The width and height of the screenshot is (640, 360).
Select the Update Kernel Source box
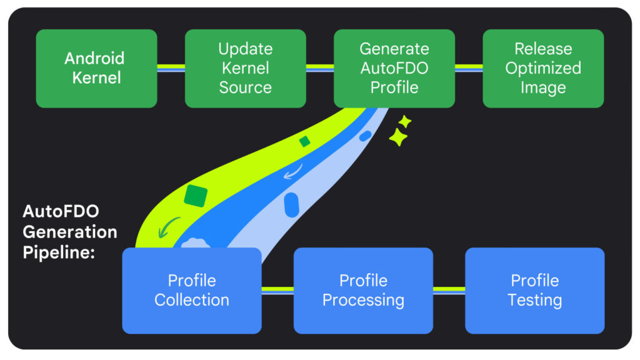[245, 68]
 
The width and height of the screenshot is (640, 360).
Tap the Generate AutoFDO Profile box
[394, 68]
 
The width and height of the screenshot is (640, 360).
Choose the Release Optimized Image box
[542, 68]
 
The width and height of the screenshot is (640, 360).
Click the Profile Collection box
[191, 290]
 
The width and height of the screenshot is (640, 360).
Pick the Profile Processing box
[363, 290]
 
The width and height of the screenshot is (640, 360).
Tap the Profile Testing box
[534, 290]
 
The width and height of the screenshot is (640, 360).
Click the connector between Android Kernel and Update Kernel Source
[171, 68]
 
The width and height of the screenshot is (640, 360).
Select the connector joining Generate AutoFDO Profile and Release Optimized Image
[468, 68]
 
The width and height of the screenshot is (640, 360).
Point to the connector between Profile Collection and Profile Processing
[277, 290]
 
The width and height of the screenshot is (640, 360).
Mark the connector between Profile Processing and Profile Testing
[449, 290]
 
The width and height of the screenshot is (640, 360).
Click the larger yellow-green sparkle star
[398, 137]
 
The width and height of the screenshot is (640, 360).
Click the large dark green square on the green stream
[196, 196]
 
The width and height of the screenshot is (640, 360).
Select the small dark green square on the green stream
[304, 142]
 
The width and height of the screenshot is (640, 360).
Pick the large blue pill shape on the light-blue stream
[291, 204]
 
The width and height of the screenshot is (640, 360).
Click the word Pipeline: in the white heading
[54, 252]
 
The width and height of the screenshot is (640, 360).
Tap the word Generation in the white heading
[69, 232]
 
